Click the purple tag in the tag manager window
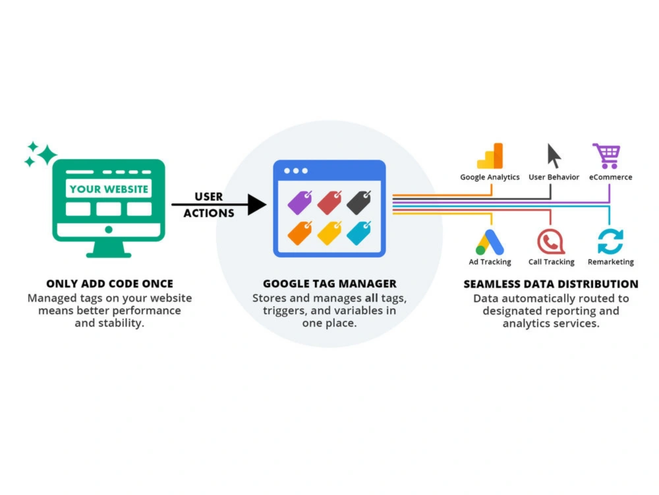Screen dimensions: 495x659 (x=300, y=203)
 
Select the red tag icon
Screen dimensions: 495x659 (x=329, y=203)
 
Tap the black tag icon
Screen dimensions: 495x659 (x=358, y=203)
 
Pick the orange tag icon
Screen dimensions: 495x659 (x=300, y=233)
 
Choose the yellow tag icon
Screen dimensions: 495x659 (x=329, y=233)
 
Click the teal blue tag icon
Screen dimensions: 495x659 (x=358, y=233)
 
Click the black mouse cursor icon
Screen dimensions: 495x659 (x=554, y=156)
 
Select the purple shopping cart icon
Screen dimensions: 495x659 (x=606, y=156)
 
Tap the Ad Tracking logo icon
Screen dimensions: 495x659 (x=490, y=242)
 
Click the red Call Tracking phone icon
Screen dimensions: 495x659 (x=550, y=242)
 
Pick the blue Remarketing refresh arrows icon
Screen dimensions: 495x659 (x=610, y=242)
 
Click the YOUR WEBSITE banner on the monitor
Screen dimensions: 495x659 (x=109, y=189)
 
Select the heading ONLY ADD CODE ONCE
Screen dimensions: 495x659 (x=109, y=284)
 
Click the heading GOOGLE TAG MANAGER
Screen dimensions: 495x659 (x=329, y=284)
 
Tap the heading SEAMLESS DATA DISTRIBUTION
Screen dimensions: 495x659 (x=550, y=284)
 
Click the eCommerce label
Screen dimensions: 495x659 (x=610, y=177)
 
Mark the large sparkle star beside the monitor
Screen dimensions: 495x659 (x=47, y=154)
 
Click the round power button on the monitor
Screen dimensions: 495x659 (x=109, y=230)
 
